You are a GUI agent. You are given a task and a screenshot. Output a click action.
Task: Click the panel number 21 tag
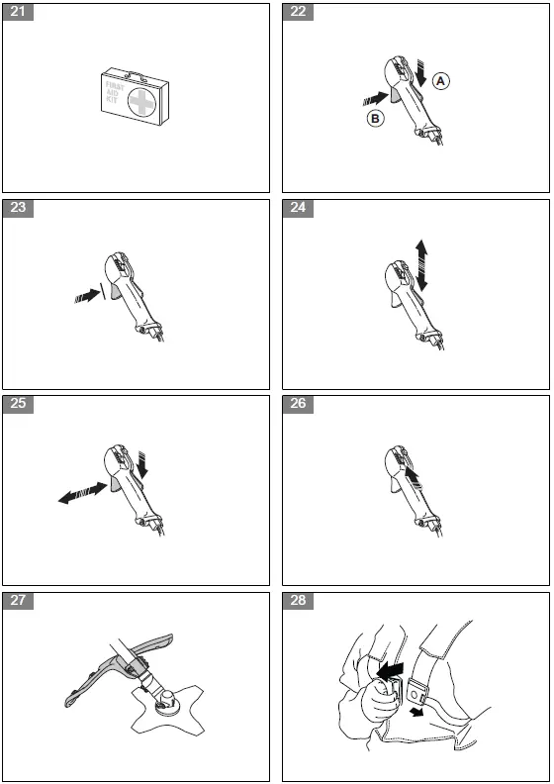[18, 12]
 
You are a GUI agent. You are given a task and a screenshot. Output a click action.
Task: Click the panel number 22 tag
[298, 12]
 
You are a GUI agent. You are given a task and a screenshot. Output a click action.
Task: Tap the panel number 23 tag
[18, 208]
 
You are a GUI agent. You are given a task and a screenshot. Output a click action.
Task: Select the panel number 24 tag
[298, 208]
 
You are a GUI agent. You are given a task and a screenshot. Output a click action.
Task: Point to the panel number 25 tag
[18, 404]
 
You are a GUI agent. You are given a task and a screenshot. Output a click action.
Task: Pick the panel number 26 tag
[298, 404]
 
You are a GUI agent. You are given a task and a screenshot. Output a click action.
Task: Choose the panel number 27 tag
[18, 601]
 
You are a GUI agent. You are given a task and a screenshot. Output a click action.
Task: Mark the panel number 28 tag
[298, 601]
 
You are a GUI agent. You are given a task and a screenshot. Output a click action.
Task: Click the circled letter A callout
[440, 80]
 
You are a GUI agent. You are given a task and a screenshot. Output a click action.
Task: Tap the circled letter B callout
[375, 119]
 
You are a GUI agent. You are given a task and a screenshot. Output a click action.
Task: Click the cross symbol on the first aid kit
[141, 102]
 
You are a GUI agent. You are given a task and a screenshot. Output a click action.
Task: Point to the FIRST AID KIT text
[115, 92]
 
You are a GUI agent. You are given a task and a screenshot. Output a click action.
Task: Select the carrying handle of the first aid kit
[136, 75]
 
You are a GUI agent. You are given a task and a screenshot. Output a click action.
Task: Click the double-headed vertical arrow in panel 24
[421, 265]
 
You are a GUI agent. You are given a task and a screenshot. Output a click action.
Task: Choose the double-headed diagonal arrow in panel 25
[83, 493]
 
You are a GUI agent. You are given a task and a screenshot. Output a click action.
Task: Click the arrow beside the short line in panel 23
[87, 296]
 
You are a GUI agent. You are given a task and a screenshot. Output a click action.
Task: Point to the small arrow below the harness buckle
[415, 712]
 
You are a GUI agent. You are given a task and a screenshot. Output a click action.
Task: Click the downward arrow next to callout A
[421, 73]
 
